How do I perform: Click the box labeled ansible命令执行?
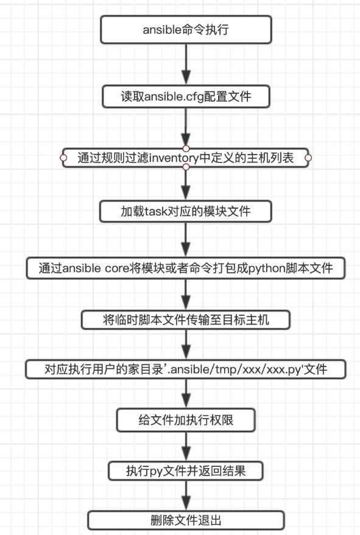pos(186,30)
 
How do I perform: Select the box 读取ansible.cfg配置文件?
pos(186,97)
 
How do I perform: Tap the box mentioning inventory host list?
pos(186,158)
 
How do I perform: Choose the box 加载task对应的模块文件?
pos(186,211)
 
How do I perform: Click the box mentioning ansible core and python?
pos(186,268)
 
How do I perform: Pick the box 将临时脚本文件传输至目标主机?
pos(186,320)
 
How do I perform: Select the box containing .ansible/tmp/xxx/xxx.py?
pos(186,369)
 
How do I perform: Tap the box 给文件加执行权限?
pos(186,420)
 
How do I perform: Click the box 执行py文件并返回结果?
pos(186,471)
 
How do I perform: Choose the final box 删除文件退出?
pos(186,520)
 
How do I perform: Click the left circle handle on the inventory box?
pos(63,158)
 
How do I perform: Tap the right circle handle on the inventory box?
pos(308,158)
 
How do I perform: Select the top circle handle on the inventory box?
pos(186,149)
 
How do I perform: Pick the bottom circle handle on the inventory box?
pos(186,167)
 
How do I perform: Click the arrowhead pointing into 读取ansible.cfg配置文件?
pos(186,77)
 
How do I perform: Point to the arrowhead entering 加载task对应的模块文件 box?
pos(186,193)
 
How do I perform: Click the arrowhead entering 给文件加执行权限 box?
pos(186,400)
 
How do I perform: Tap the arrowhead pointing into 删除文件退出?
pos(186,503)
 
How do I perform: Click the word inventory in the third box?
pos(174,158)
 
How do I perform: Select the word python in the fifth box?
pos(266,268)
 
